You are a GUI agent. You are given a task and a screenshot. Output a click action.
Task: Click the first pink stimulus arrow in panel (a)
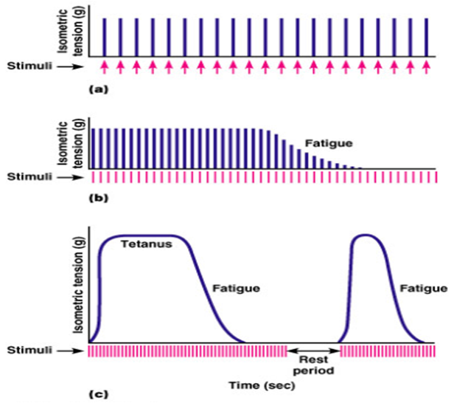pos(105,66)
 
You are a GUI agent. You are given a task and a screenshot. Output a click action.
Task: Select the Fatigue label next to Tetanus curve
pos(236,288)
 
